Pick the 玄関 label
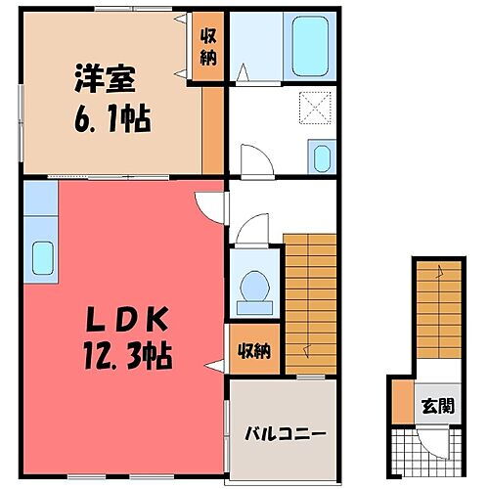pyautogui.click(x=437, y=404)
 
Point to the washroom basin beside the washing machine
pyautogui.click(x=320, y=156)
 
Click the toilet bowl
pyautogui.click(x=255, y=284)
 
